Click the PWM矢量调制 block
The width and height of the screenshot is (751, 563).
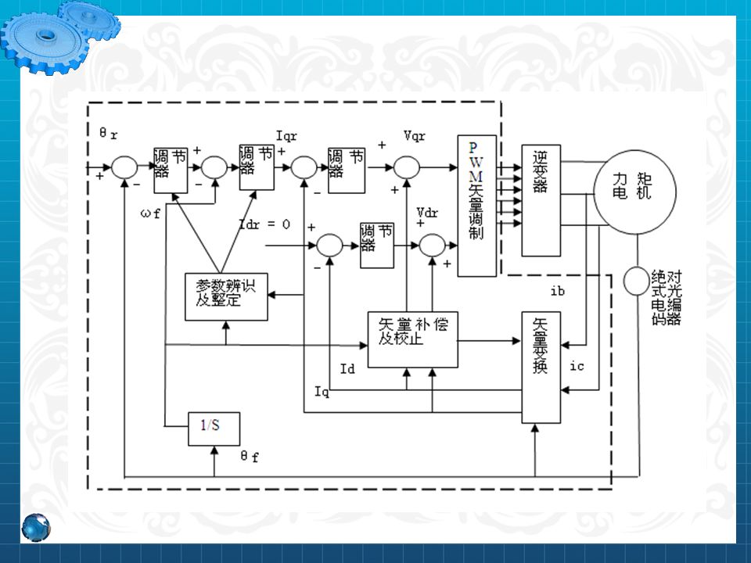coord(477,206)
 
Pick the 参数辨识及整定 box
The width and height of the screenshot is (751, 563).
coord(226,296)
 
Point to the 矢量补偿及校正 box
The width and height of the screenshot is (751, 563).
coord(412,339)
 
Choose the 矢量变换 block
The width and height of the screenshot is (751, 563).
coord(541,368)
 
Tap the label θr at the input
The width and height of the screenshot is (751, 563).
coord(108,134)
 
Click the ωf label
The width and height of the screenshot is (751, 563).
coord(151,213)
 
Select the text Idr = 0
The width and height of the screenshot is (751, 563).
coord(264,224)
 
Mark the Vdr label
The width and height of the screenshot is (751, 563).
coord(428,213)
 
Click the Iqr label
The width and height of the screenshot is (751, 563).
coord(287,134)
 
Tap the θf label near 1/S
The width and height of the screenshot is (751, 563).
coord(250,457)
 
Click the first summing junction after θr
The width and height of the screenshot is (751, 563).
coord(124,167)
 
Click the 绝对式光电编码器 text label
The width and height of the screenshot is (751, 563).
coord(666,297)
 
